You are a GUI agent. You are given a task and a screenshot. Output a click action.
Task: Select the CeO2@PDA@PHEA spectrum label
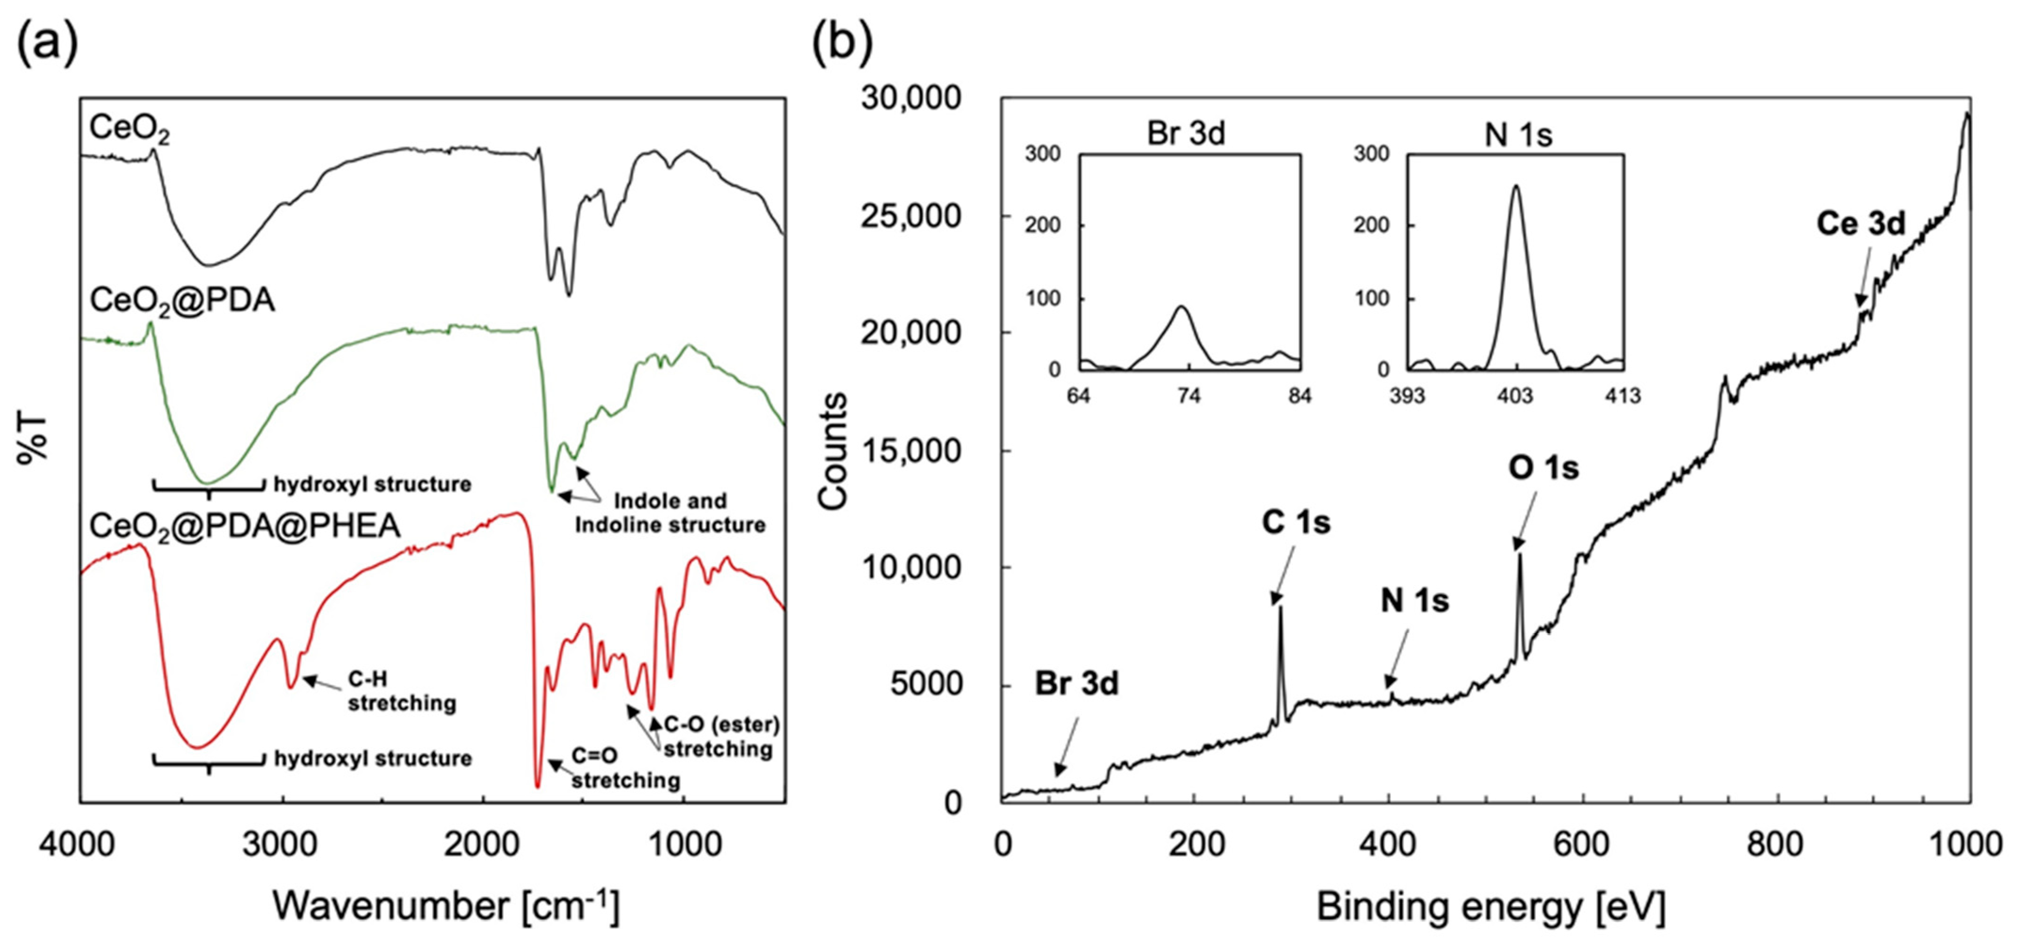[245, 526]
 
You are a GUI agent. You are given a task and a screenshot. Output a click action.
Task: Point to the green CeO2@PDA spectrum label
[182, 300]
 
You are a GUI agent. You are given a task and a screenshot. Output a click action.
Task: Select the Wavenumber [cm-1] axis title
[445, 906]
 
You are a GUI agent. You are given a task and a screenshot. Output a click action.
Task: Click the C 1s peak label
[1295, 522]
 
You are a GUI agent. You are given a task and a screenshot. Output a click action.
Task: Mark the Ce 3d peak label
[1860, 224]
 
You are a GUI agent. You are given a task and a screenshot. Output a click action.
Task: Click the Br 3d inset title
[1186, 134]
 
